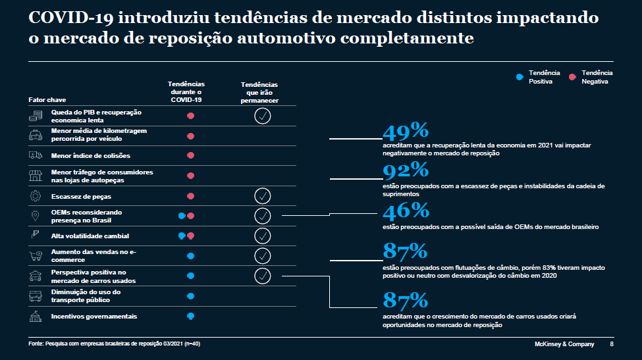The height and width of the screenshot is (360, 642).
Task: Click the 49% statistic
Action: point(406,130)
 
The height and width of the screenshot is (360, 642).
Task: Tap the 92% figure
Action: point(406,170)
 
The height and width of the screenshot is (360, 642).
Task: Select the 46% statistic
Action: point(406,211)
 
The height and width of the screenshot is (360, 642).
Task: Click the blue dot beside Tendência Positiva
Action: point(520,77)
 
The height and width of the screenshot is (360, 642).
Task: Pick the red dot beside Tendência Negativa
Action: point(572,77)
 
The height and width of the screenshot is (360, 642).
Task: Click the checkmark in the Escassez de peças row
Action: point(262,196)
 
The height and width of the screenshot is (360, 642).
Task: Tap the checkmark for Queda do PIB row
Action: point(262,116)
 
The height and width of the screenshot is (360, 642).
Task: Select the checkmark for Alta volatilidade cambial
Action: point(262,236)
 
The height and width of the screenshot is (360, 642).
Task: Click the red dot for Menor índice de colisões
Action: point(190,156)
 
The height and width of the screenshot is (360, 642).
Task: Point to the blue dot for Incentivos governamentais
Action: point(190,317)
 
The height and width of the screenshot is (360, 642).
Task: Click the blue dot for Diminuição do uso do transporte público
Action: point(190,296)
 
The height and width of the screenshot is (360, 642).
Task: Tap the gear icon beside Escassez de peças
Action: point(35,196)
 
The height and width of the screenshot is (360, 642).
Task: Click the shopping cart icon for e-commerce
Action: point(35,255)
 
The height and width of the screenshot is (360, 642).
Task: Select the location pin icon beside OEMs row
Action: point(35,216)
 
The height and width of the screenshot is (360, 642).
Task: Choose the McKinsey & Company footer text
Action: point(563,344)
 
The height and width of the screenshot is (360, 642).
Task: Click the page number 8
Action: point(612,344)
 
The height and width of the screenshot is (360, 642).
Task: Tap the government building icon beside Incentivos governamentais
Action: point(35,317)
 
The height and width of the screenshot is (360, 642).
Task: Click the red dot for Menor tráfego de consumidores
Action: point(190,176)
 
